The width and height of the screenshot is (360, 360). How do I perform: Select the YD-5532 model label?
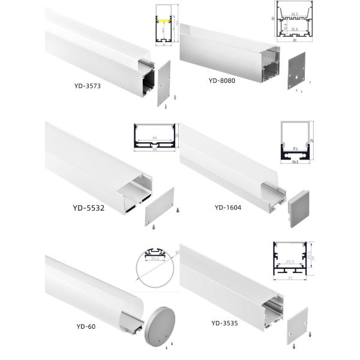click(x=82, y=209)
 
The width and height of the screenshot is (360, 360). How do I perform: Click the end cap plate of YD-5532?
click(x=159, y=205)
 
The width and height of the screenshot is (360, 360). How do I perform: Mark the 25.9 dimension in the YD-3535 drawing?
click(x=290, y=263)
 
